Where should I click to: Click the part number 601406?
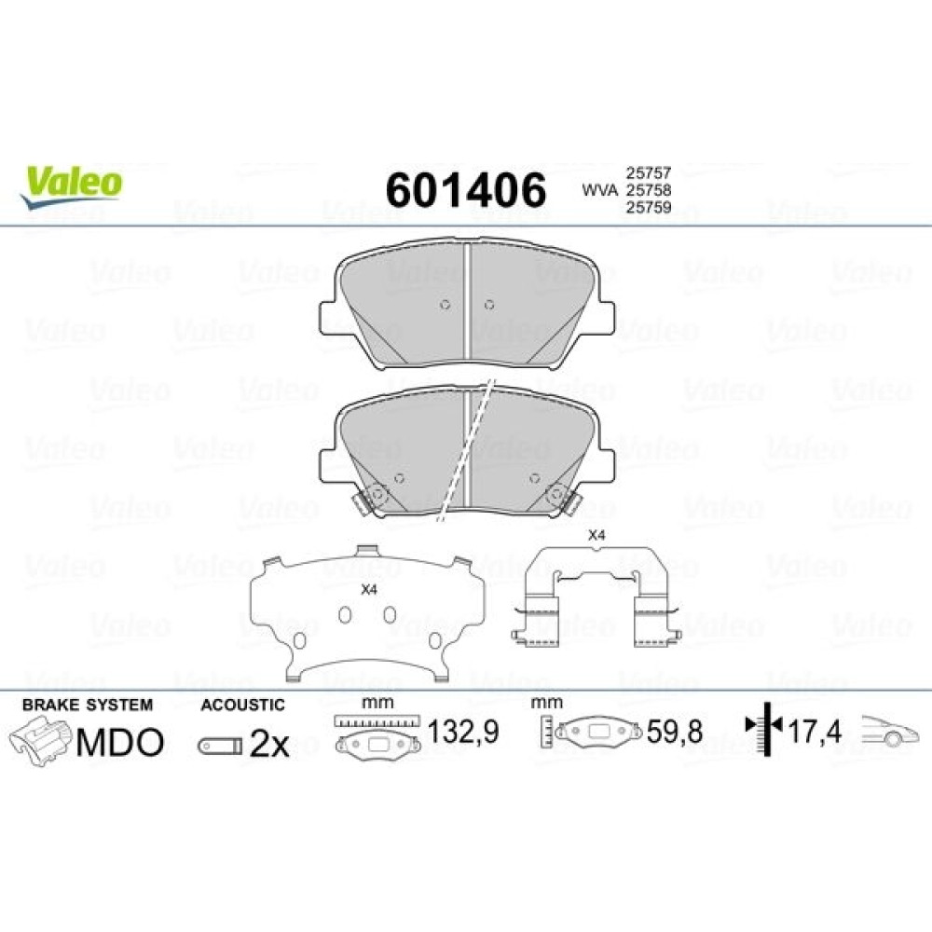click(x=465, y=190)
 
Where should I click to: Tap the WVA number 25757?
click(x=648, y=173)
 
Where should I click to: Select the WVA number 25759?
click(x=648, y=208)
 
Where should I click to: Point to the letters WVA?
click(x=599, y=190)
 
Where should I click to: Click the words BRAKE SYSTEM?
click(x=88, y=705)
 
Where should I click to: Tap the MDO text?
click(x=120, y=743)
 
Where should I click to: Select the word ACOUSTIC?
click(x=242, y=705)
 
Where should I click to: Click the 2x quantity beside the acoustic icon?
click(x=268, y=744)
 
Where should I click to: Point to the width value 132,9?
click(x=463, y=732)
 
